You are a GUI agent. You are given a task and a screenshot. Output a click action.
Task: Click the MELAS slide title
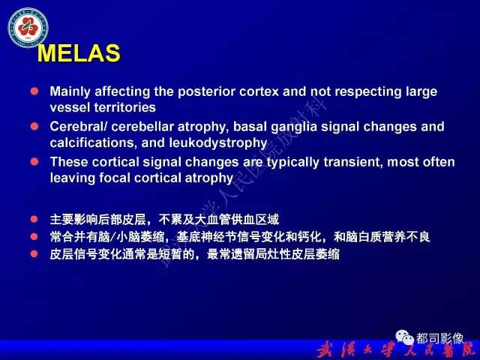pos(78,53)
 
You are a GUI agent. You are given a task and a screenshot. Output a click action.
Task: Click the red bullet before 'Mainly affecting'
pos(34,91)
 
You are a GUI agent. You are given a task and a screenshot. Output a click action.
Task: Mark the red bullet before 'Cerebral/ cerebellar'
pos(34,127)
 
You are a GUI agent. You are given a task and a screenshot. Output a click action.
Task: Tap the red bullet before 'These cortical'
pos(34,162)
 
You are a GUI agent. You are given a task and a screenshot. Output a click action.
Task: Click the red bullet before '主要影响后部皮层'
pos(34,220)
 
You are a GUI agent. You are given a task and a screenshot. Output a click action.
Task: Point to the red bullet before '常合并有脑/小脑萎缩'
pos(34,237)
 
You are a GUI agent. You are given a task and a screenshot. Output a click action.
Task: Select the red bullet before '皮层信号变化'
pos(34,254)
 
